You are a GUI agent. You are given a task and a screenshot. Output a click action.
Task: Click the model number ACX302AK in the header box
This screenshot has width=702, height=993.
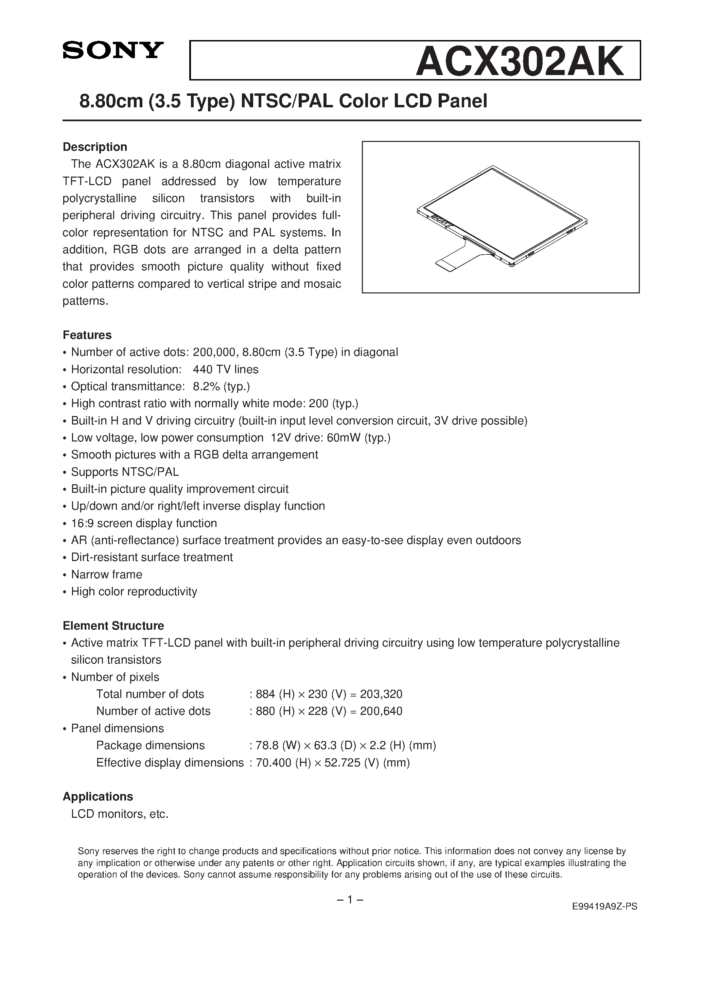pyautogui.click(x=519, y=61)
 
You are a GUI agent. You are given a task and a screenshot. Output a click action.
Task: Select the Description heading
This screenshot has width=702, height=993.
pyautogui.click(x=95, y=147)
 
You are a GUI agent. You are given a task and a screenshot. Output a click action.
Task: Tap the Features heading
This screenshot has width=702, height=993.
pyautogui.click(x=87, y=335)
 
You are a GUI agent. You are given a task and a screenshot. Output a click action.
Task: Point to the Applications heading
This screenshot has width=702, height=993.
pyautogui.click(x=98, y=797)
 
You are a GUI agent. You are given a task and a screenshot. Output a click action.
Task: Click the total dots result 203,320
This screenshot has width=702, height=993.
pyautogui.click(x=381, y=694)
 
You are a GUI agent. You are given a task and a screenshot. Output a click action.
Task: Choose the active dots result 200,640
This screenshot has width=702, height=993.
pyautogui.click(x=381, y=711)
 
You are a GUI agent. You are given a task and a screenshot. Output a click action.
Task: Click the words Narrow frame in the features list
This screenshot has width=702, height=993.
pyautogui.click(x=106, y=574)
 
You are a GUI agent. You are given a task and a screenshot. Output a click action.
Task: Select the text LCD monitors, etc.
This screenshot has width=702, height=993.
pyautogui.click(x=120, y=814)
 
